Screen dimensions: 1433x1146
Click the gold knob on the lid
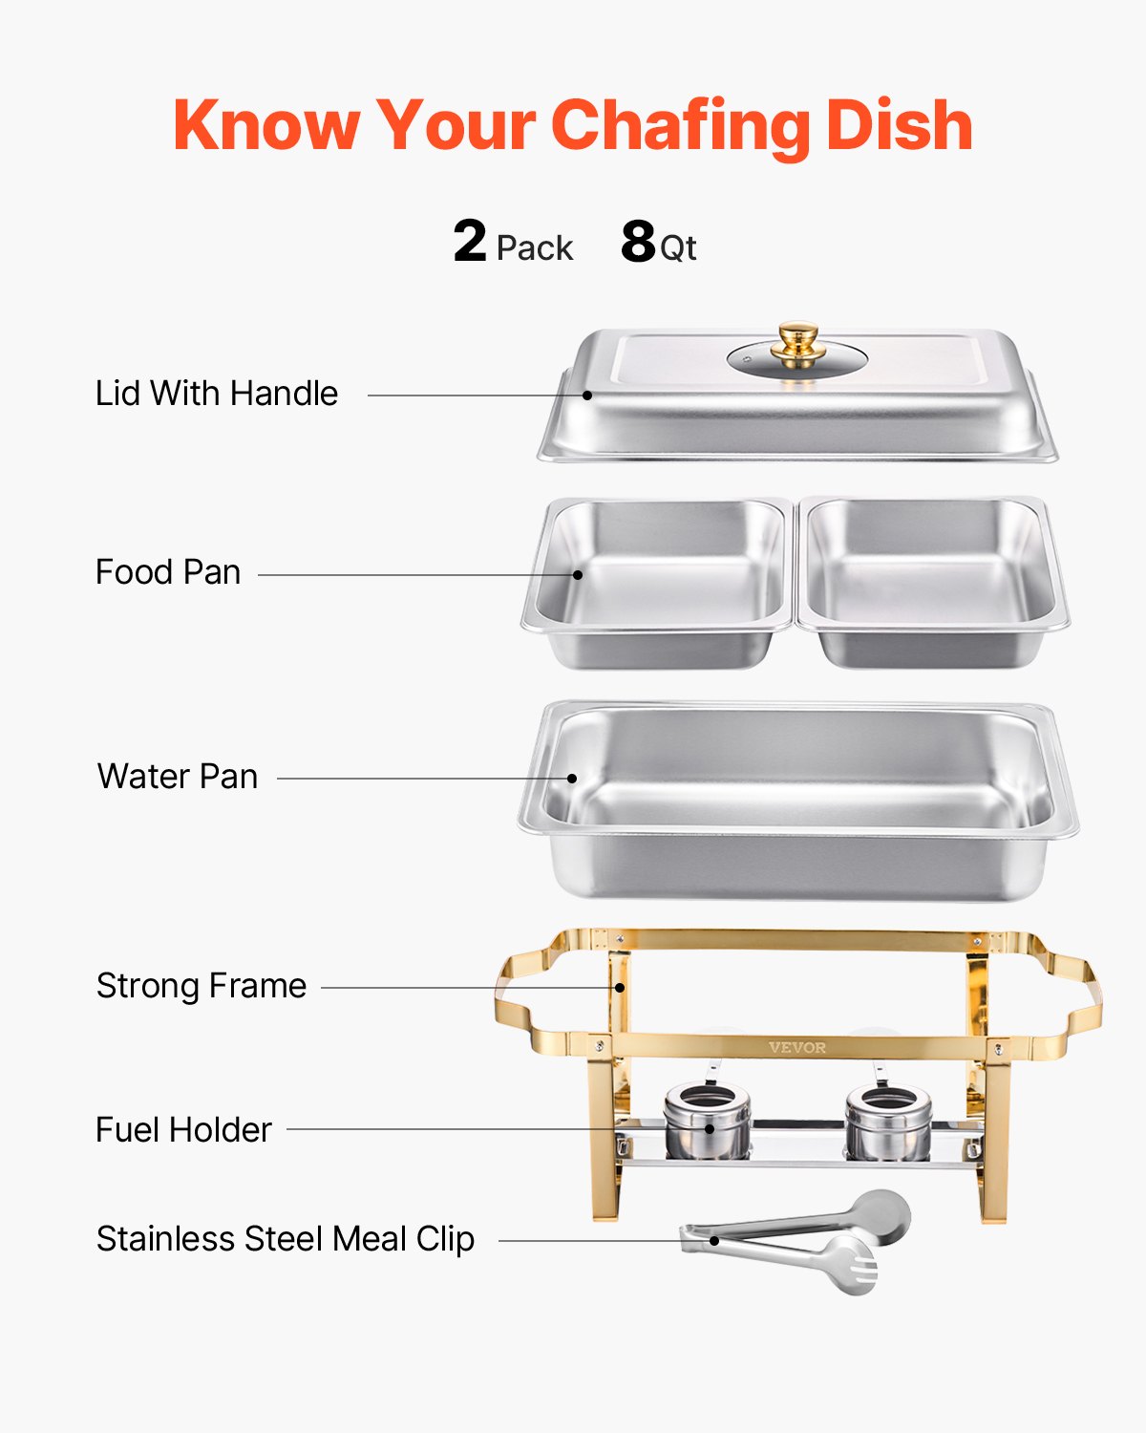point(797,341)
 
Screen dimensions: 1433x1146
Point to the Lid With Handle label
point(217,394)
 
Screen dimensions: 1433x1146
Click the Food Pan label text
point(168,572)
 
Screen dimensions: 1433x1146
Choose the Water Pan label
point(178,777)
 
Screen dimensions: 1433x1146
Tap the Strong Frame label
point(202,986)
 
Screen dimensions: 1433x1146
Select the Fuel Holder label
point(183,1130)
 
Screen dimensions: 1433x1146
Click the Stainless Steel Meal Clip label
point(286,1239)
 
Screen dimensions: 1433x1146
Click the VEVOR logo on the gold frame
point(797,1048)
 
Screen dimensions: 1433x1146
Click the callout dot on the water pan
point(572,778)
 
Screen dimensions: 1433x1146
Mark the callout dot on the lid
point(588,395)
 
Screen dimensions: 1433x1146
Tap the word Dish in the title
point(900,126)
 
